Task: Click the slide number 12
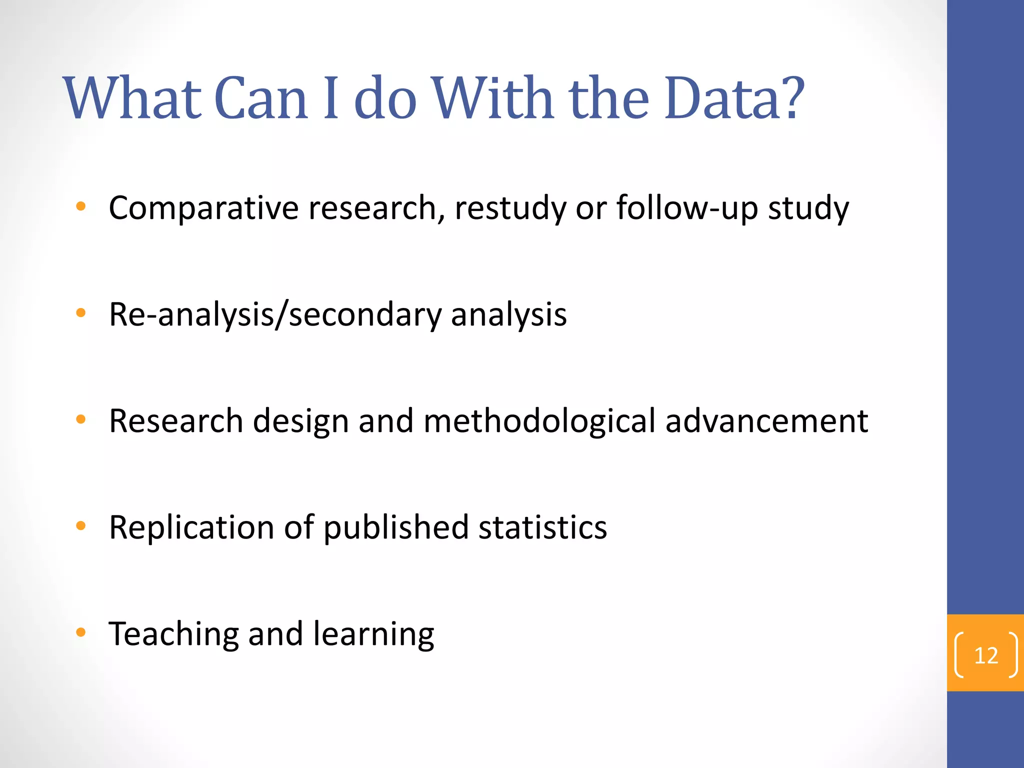click(986, 655)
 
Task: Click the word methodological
click(539, 421)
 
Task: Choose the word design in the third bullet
click(300, 421)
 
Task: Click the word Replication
click(191, 528)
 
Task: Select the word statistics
click(542, 528)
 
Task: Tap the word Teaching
click(173, 634)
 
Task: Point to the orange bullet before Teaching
click(80, 632)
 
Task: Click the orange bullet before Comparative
click(80, 206)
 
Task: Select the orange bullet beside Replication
click(80, 525)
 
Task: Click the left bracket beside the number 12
click(959, 655)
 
